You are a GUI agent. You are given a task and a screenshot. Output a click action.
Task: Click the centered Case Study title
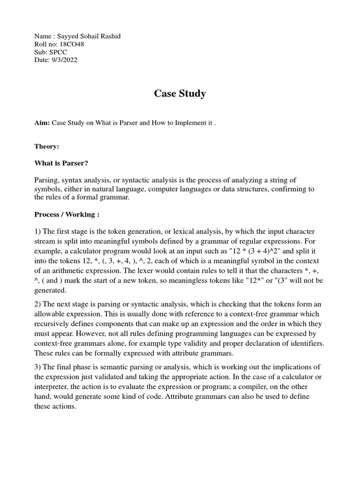[x=180, y=94]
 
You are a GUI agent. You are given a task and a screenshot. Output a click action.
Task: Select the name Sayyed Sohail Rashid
[x=89, y=37]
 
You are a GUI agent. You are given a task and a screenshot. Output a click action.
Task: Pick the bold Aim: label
[x=42, y=123]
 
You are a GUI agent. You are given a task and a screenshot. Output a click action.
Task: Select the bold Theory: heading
[x=47, y=146]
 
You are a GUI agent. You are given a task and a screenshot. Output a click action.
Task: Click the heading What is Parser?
[x=61, y=163]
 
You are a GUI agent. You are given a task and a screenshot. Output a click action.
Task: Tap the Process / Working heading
[x=67, y=214]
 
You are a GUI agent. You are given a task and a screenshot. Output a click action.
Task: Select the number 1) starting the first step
[x=38, y=232]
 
